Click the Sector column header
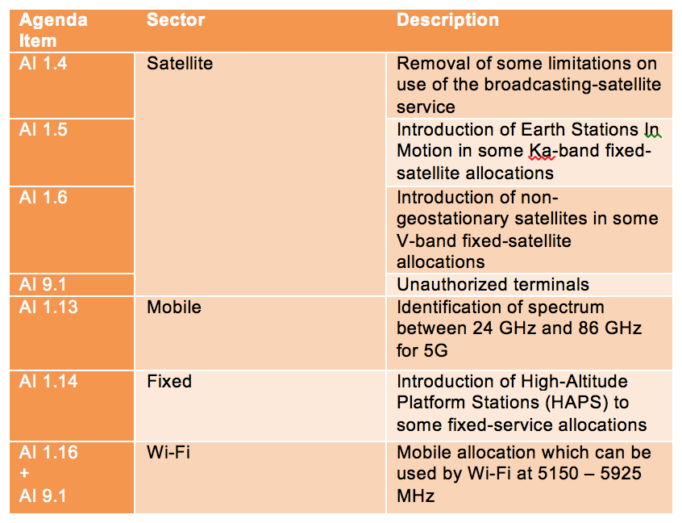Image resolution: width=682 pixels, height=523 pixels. coord(176,20)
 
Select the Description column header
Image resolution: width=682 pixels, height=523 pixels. coord(447,20)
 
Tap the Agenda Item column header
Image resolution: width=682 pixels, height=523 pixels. coord(53,31)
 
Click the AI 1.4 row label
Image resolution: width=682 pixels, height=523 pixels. coord(43,64)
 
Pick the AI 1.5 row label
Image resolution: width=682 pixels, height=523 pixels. coord(43,130)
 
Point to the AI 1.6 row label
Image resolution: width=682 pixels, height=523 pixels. coord(43,198)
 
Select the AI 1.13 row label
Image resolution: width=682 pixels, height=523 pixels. coord(48,308)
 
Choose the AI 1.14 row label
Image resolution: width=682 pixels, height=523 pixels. coord(48,382)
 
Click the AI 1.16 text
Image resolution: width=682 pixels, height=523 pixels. coord(48,453)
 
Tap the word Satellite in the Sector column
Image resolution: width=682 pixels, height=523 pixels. coord(180,64)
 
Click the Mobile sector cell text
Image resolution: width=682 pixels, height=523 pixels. coord(174,308)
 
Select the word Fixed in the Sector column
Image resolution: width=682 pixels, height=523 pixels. coord(169,382)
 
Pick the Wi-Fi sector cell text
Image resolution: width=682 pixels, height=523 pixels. coord(168,453)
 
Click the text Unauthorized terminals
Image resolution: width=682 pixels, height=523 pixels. coord(493,285)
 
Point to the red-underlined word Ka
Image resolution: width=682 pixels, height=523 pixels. coord(541,151)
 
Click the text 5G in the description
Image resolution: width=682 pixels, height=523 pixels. coord(435,351)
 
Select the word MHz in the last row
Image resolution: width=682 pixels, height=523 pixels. coord(415,496)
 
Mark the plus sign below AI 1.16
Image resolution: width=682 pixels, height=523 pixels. coord(25,473)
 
